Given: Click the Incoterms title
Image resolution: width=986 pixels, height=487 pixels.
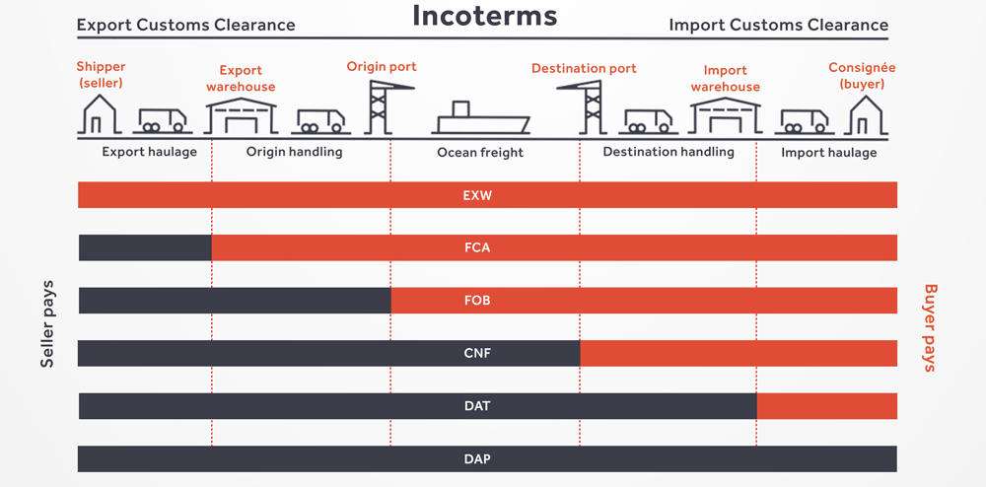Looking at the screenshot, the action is [485, 16].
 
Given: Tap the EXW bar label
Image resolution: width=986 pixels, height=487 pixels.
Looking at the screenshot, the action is [477, 195].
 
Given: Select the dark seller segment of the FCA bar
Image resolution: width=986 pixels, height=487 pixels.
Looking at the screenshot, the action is [145, 247].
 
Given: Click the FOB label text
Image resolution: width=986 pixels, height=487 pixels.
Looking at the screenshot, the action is [477, 301].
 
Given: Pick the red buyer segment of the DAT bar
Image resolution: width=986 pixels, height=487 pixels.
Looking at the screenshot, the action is [827, 406].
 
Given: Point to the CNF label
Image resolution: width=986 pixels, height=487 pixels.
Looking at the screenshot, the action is [477, 353].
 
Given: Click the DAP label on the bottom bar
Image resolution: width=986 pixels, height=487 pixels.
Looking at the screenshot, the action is [477, 458].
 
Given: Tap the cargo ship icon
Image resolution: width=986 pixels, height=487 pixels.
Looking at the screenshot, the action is [481, 117].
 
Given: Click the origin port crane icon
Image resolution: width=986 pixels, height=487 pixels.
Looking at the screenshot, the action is [385, 106].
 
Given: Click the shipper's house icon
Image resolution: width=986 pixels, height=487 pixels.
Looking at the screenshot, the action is [100, 114].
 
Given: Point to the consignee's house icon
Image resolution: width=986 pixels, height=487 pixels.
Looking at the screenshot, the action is [866, 114].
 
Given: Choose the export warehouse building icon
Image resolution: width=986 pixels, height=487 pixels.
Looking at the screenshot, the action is [242, 115].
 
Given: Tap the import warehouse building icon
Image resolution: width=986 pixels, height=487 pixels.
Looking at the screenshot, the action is [725, 115].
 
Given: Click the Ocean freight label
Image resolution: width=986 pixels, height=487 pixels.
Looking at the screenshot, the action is [480, 152].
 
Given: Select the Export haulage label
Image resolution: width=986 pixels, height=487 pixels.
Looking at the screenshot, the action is [150, 152].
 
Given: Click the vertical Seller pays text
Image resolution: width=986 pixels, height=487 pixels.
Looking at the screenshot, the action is [47, 323].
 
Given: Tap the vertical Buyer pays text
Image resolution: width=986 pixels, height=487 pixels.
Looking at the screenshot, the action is [930, 328].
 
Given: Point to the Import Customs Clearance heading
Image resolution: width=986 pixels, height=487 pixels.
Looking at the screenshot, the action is [779, 25].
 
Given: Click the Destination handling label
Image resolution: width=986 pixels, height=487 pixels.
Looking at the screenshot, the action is [669, 152].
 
